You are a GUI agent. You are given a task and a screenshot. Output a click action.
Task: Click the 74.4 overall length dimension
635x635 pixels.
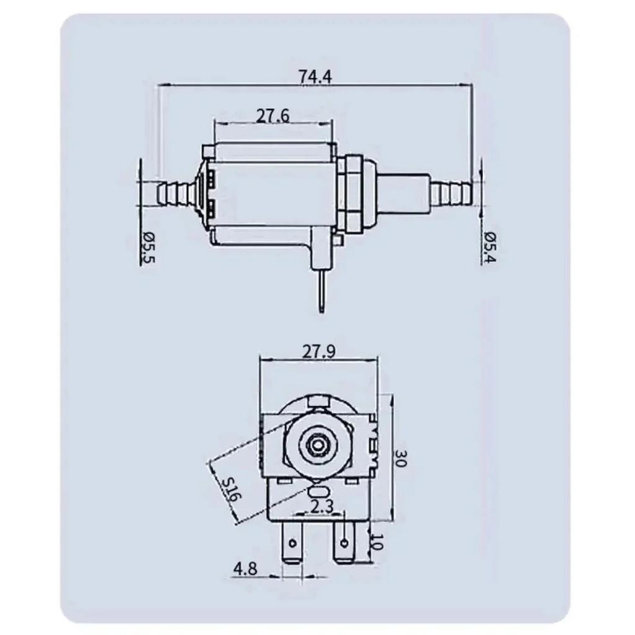(315, 77)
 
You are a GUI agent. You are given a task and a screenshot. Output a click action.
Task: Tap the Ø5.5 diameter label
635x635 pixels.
(148, 247)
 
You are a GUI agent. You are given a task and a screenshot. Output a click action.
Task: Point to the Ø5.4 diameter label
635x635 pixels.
(489, 247)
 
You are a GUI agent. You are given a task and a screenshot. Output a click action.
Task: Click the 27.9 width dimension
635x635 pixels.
(319, 352)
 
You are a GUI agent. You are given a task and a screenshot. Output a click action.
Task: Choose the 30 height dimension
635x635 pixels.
(401, 459)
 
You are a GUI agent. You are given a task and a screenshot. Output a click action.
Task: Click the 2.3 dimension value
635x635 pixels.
(322, 506)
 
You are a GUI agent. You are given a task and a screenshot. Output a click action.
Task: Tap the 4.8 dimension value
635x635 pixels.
(246, 568)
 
